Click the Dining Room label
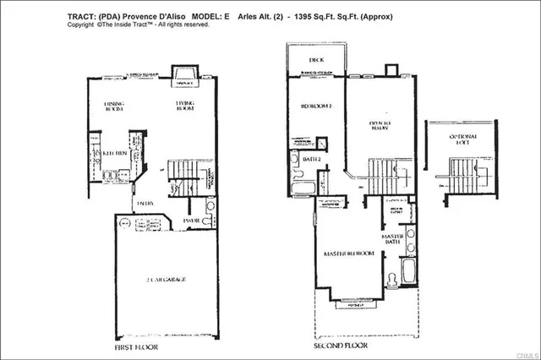pyautogui.click(x=114, y=106)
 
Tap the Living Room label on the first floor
pyautogui.click(x=186, y=106)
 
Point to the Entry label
pyautogui.click(x=145, y=203)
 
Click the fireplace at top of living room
pyautogui.click(x=183, y=75)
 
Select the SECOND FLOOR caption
pyautogui.click(x=342, y=346)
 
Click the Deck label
pyautogui.click(x=317, y=60)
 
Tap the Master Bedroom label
pyautogui.click(x=349, y=254)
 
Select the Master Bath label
pyautogui.click(x=392, y=240)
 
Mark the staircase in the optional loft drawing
pyautogui.click(x=455, y=174)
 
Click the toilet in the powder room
pyautogui.click(x=210, y=207)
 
